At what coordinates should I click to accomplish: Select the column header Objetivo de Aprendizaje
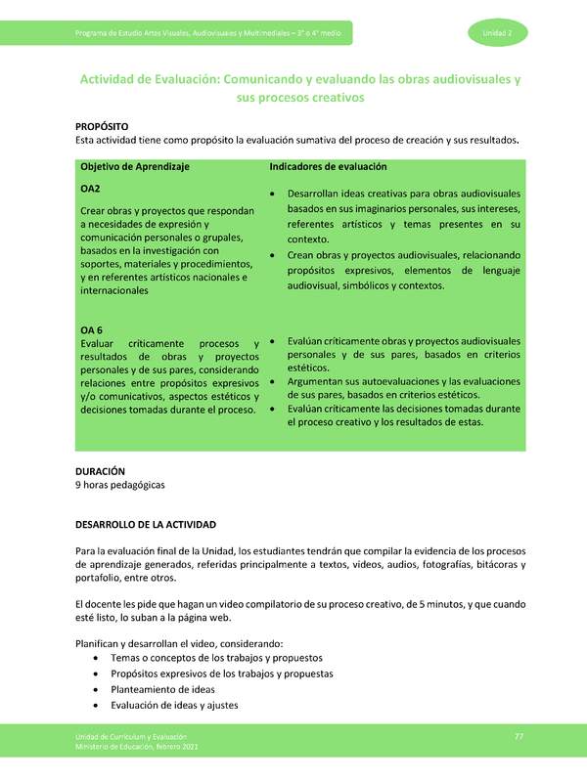[135, 167]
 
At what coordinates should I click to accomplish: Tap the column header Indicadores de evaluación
[328, 167]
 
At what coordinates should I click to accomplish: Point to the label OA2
[91, 189]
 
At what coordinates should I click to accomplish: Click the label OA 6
[93, 329]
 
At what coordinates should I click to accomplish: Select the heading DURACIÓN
[101, 471]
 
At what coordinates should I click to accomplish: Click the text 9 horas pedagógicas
[120, 485]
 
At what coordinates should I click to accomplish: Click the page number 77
[519, 735]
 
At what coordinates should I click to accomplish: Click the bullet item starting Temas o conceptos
[215, 658]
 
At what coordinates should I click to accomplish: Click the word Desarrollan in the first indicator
[318, 194]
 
